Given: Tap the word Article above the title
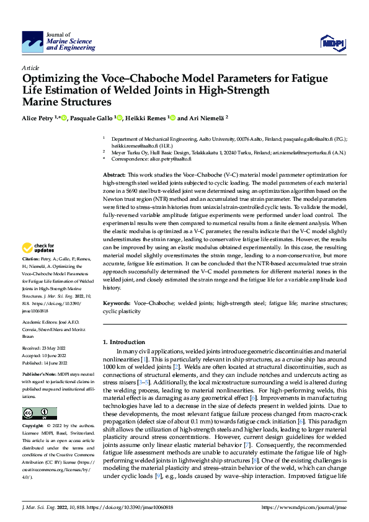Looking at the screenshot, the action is click(30, 68).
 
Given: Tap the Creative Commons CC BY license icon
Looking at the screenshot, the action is click(40, 414).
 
